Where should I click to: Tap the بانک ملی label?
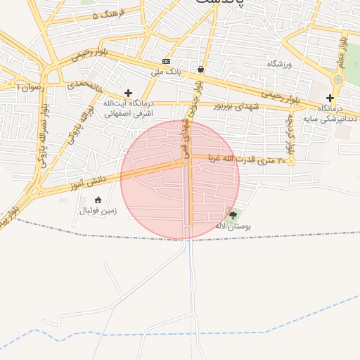tap(165, 71)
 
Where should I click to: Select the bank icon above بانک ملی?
tap(166, 61)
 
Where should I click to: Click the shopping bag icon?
tap(202, 69)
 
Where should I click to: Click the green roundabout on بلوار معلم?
tap(338, 79)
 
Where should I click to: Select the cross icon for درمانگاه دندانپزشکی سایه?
tap(330, 98)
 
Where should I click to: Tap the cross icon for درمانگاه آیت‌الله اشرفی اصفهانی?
tap(127, 93)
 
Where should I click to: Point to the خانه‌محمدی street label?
tap(84, 85)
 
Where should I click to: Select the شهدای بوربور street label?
tap(235, 105)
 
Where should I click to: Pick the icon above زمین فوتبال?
tap(98, 199)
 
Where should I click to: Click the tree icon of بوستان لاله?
tap(233, 214)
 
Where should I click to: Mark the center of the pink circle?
tap(180, 180)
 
